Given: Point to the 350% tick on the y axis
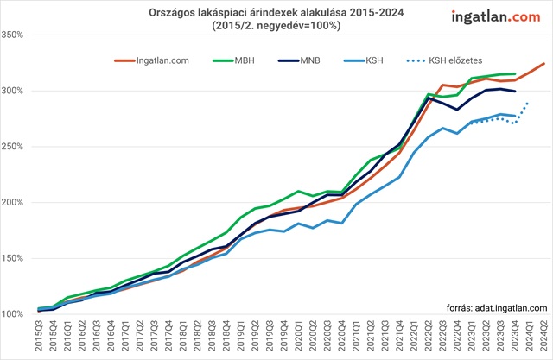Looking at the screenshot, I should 17,35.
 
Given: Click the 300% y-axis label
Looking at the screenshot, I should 17,91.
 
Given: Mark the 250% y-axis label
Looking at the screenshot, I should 17,147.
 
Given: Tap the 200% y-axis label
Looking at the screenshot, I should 17,202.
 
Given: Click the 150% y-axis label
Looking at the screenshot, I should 17,258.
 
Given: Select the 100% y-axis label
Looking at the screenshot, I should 17,313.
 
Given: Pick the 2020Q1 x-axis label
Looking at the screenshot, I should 299,334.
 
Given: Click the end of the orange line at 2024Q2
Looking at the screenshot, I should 543,63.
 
